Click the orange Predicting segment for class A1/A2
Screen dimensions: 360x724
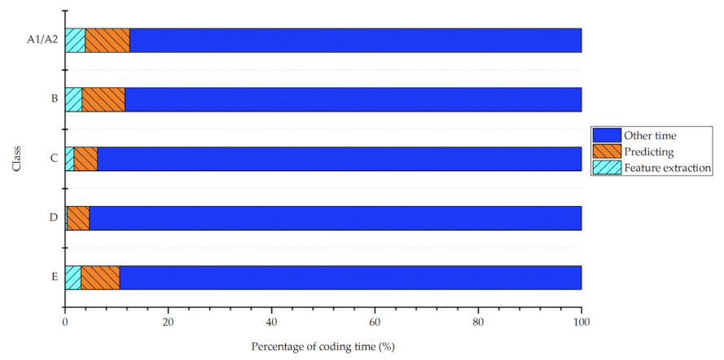108,40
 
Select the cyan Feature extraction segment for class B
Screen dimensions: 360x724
73,99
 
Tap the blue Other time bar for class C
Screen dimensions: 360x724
339,159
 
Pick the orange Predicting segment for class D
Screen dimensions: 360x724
78,218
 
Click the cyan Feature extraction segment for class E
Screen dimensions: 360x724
72,278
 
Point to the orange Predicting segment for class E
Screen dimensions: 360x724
100,278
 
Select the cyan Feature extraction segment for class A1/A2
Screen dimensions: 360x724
75,40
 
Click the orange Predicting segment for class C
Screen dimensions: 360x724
86,159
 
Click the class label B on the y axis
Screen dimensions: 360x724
54,99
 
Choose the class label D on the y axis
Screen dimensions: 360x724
54,218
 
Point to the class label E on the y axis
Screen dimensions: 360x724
54,278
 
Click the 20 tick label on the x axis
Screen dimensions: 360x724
168,322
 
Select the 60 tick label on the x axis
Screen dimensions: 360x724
375,322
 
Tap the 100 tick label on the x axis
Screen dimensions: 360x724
581,322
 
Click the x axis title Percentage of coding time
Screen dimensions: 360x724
323,346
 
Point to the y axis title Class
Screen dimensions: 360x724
16,159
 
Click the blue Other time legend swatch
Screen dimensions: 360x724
607,135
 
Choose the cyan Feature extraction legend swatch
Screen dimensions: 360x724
607,168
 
